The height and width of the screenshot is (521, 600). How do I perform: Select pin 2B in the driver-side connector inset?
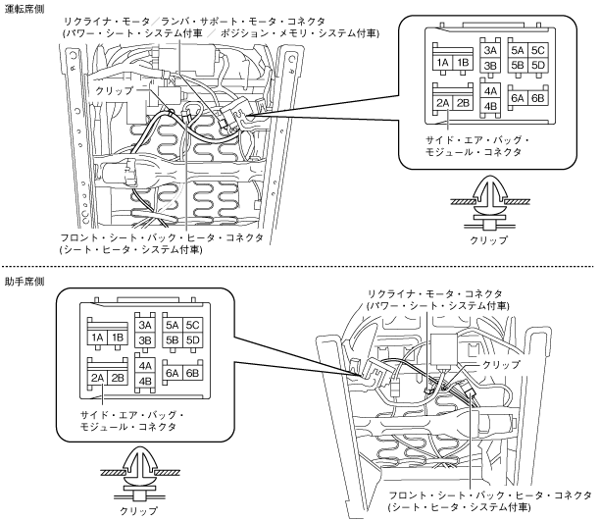tap(464, 102)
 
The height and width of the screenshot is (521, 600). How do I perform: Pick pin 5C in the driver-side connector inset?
tap(536, 49)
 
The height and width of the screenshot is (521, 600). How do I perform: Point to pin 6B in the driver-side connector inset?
tap(537, 99)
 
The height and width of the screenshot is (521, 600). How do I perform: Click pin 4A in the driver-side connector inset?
tap(492, 89)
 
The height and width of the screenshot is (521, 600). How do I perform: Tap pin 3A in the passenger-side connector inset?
tap(146, 325)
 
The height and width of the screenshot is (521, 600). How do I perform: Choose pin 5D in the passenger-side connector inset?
tap(193, 339)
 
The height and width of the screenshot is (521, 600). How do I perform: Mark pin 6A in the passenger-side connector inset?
tap(173, 374)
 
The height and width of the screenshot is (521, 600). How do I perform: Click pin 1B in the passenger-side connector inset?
tap(119, 338)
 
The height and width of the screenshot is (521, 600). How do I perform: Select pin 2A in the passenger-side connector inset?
tap(97, 377)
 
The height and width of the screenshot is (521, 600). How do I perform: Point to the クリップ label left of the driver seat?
tap(116, 89)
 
